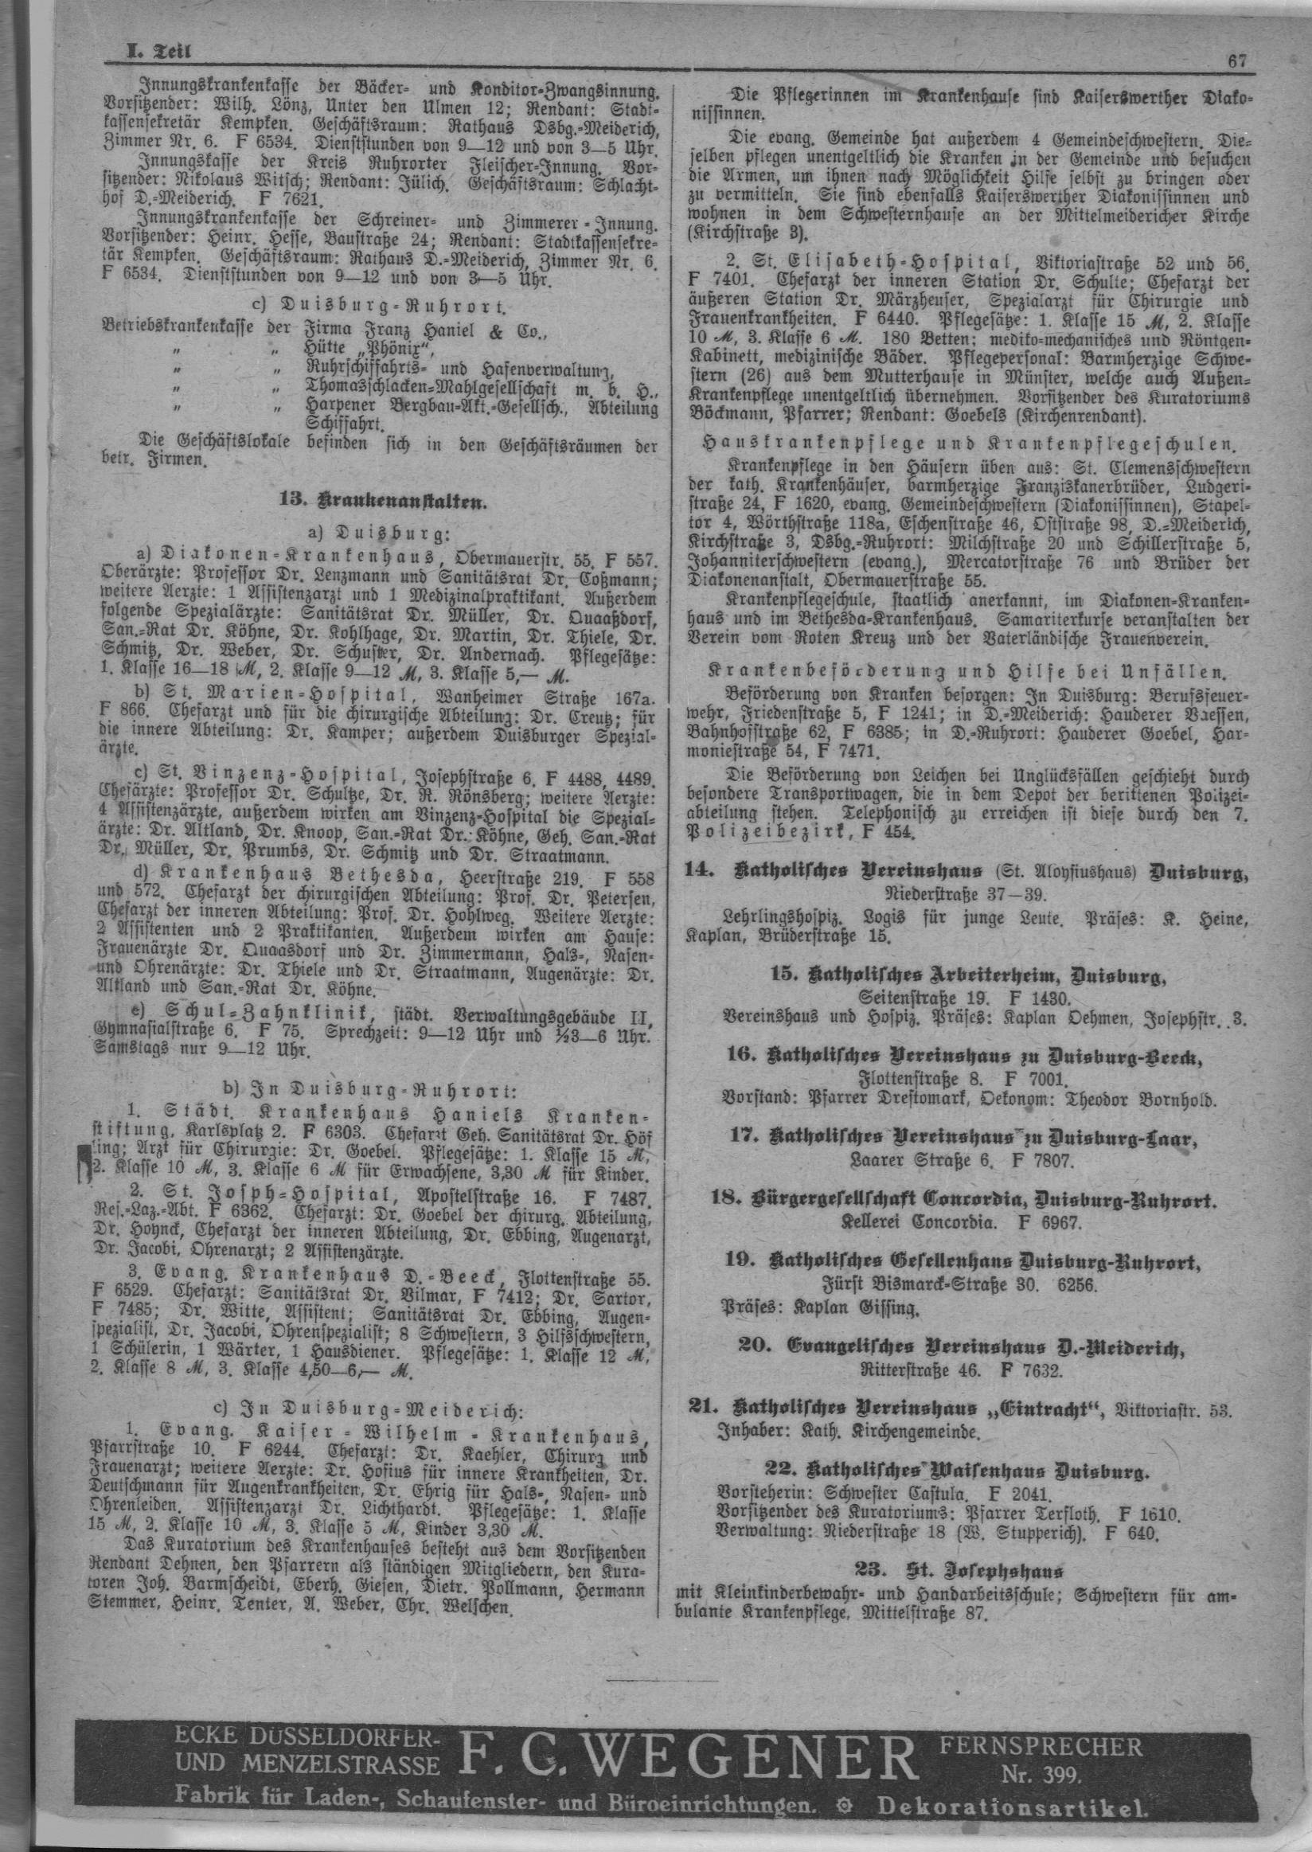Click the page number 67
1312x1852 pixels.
pos(1237,59)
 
